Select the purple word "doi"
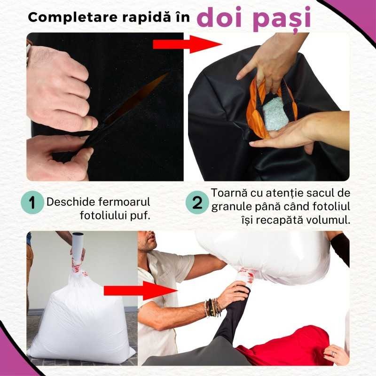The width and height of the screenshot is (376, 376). pos(220,16)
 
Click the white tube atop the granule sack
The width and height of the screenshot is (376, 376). pos(78,244)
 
